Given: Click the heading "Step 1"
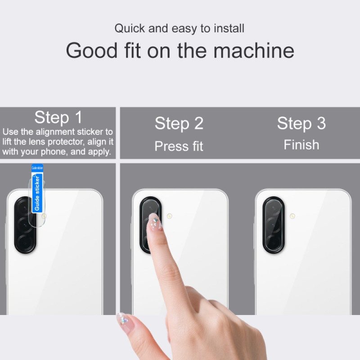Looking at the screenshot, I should click(58, 118).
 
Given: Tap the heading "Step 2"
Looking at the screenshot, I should click(179, 124).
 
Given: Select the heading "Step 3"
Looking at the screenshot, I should click(301, 123).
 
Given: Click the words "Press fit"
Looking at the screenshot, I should click(179, 146).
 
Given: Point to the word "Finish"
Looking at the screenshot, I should click(301, 145).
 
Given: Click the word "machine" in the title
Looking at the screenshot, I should click(254, 50).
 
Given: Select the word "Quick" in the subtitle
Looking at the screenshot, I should click(130, 28).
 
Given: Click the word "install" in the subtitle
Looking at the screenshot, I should click(229, 28).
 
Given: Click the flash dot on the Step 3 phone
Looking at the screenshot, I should click(292, 216).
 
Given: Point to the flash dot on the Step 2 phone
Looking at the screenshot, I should click(170, 216).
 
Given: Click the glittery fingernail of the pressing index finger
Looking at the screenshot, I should click(154, 223).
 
